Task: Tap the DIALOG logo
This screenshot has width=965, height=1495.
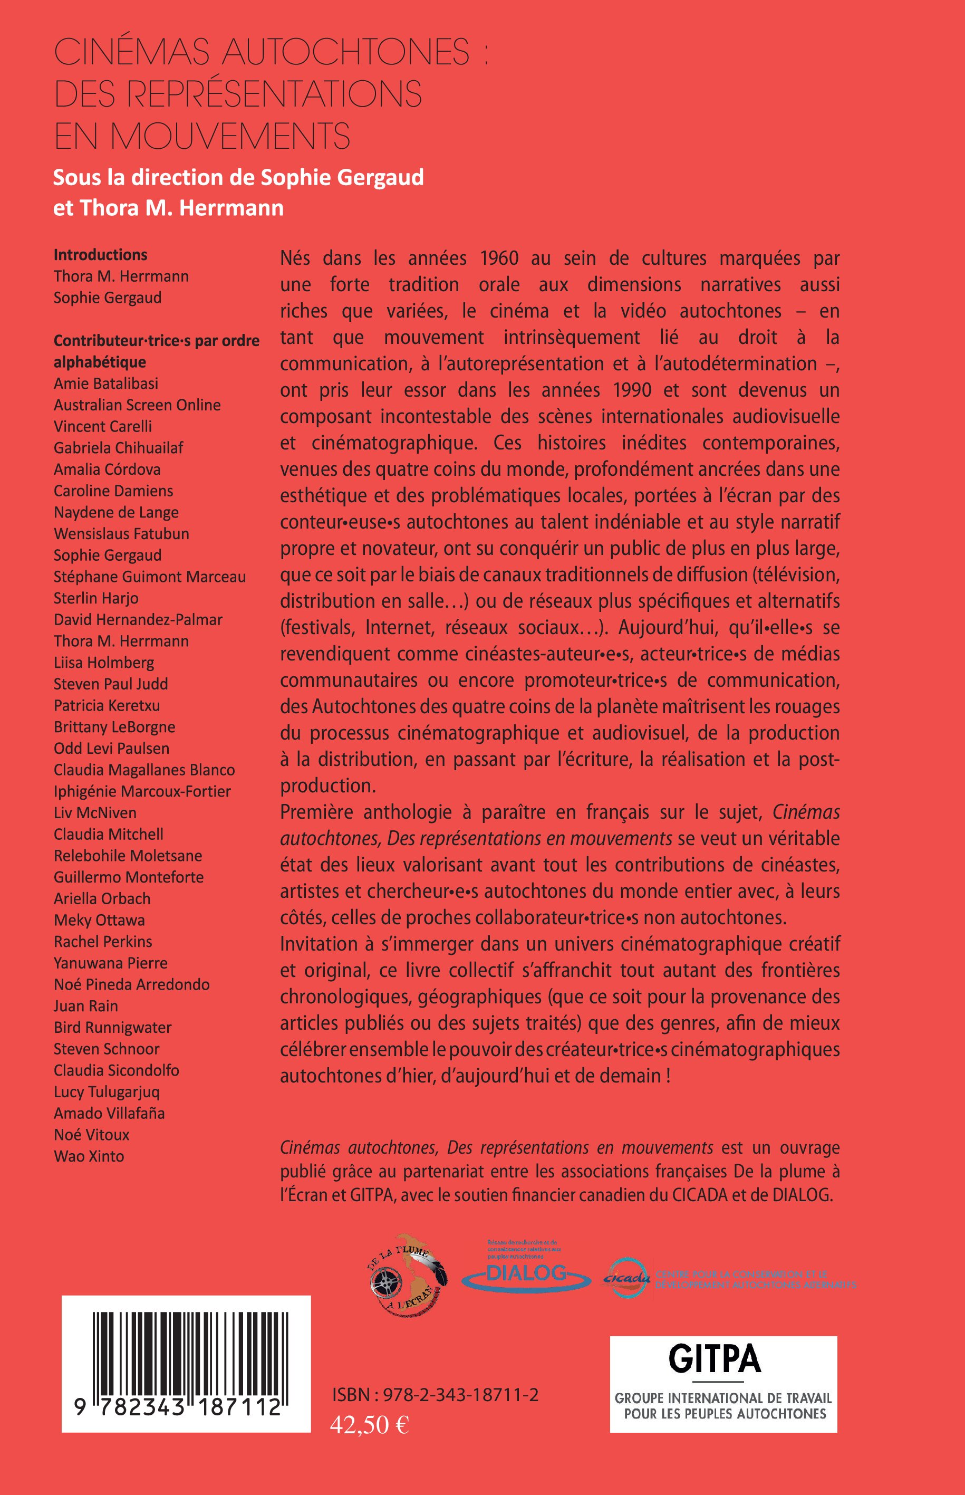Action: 526,1272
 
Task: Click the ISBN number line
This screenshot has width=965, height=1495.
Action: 436,1394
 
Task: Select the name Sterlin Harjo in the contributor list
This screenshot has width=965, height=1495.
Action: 96,598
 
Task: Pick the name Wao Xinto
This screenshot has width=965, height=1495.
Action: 89,1156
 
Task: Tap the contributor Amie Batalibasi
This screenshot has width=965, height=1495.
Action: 106,383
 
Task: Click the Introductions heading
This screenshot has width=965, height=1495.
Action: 100,254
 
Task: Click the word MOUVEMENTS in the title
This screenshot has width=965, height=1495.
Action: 230,136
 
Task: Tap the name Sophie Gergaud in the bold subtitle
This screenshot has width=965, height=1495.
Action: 342,178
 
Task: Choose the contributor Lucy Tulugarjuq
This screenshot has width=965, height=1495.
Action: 107,1091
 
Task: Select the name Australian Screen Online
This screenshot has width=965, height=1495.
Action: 137,405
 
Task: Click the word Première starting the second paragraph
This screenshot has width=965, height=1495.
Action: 317,812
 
